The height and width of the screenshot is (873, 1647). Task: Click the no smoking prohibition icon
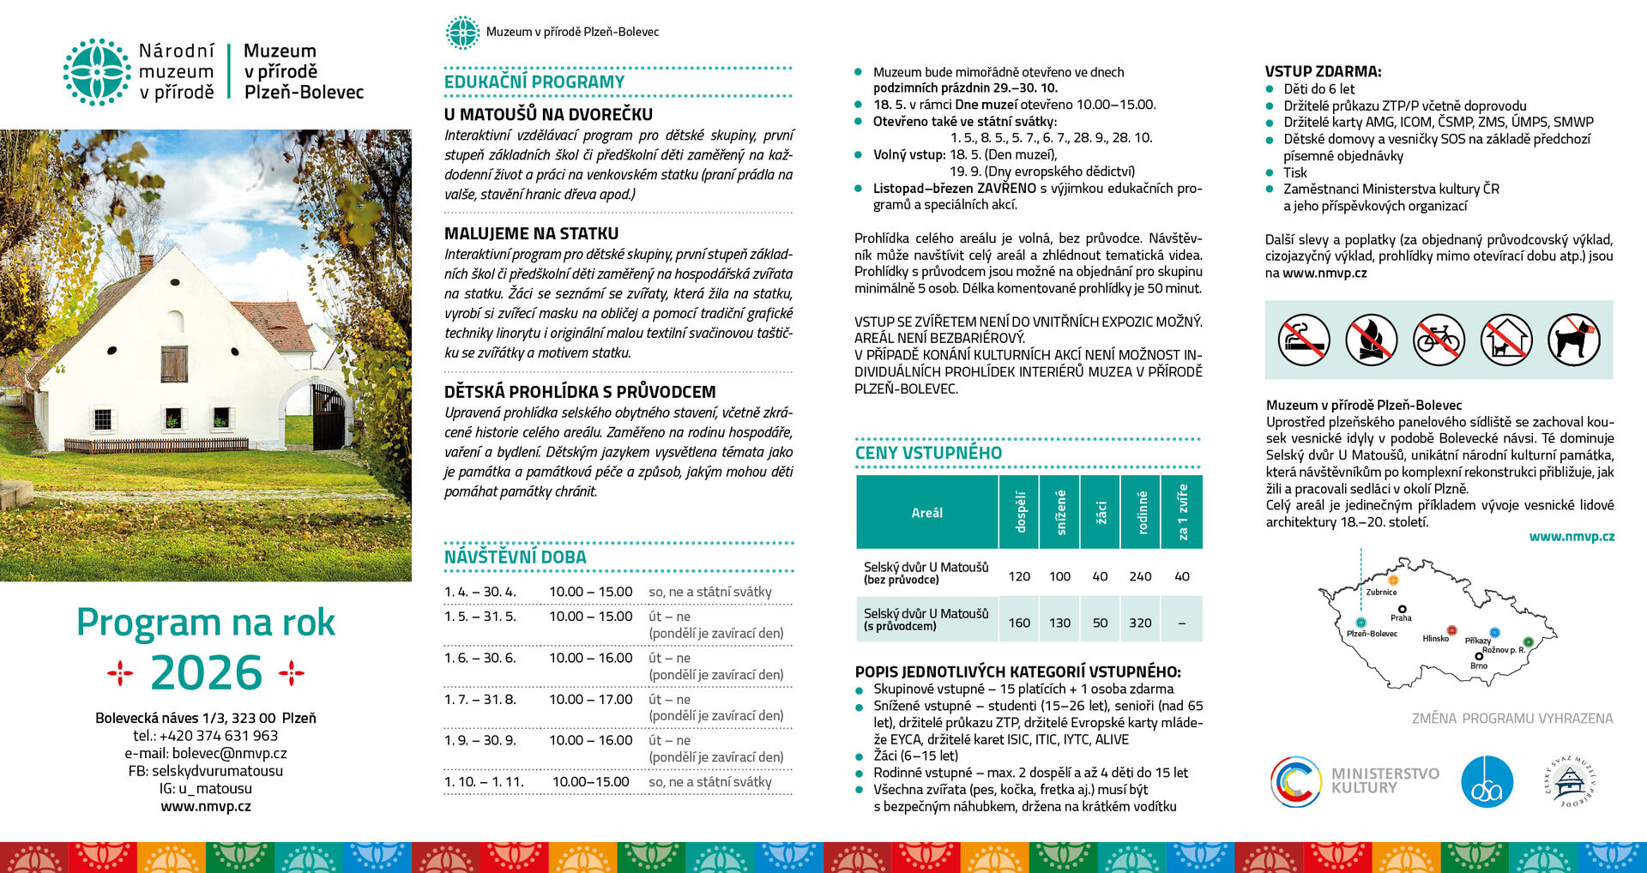click(1304, 340)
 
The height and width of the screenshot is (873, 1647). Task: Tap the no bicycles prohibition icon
click(1439, 340)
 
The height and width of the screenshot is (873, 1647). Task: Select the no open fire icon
click(1371, 340)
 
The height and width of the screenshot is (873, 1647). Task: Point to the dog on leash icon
click(1573, 340)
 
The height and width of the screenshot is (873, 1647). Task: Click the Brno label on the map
click(1479, 665)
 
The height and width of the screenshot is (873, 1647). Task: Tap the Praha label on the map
click(1401, 617)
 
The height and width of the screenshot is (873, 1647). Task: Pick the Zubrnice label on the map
click(1381, 592)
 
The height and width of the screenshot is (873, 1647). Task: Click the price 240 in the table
click(1140, 576)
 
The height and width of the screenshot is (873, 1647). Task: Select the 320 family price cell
click(1140, 623)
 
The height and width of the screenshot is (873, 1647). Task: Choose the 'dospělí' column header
click(1020, 512)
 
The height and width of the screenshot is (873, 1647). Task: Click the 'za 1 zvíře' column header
click(1182, 512)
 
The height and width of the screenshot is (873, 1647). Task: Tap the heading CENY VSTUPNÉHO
click(928, 453)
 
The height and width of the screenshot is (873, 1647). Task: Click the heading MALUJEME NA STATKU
click(531, 233)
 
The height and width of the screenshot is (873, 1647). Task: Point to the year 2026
click(206, 672)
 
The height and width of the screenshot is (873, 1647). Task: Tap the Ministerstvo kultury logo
click(1354, 780)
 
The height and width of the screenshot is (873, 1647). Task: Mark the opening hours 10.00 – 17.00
click(590, 699)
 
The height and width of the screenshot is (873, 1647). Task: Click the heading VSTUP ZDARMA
click(1323, 72)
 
